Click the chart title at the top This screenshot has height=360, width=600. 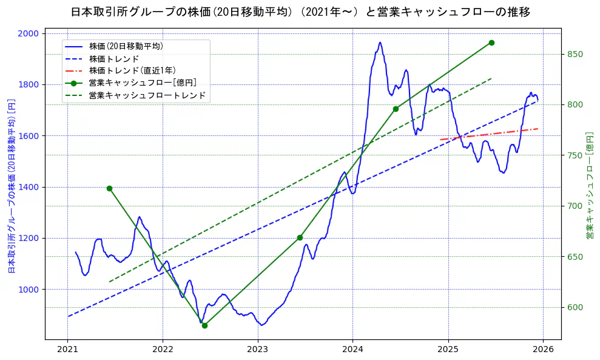[300, 12]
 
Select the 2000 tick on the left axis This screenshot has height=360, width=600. [30, 33]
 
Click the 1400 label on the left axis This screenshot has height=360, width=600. [30, 187]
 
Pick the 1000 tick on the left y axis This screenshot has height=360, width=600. [30, 290]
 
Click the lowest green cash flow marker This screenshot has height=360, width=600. [204, 325]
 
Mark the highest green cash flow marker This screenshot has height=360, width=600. [491, 42]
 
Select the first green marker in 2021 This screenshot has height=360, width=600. [109, 188]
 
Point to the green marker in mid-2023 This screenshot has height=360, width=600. [300, 237]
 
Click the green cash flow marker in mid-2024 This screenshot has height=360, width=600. [396, 109]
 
